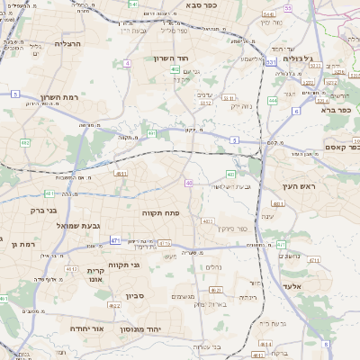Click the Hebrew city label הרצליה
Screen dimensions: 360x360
pos(68,43)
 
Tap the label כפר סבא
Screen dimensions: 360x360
pos(204,5)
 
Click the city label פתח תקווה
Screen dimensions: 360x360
pos(162,211)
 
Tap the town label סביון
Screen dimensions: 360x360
pos(135,296)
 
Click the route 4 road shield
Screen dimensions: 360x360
pos(128,64)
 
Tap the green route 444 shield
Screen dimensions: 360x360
pos(230,175)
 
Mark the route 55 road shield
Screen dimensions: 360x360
pos(289,8)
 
